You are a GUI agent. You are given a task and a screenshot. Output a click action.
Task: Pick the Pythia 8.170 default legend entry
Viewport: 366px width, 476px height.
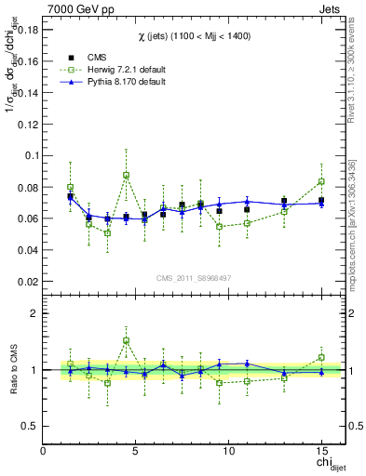(125, 82)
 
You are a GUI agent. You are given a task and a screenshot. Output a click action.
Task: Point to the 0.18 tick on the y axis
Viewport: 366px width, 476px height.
(25, 30)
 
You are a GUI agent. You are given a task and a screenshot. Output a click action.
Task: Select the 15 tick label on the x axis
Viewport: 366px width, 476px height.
(321, 451)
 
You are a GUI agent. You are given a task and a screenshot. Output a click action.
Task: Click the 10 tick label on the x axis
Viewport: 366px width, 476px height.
(228, 451)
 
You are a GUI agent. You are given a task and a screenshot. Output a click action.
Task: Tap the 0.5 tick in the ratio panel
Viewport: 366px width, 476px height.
(28, 426)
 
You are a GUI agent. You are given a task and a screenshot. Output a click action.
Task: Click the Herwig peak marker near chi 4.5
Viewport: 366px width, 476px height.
(126, 175)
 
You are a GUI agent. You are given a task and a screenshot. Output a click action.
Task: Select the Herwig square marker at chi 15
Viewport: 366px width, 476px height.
(321, 181)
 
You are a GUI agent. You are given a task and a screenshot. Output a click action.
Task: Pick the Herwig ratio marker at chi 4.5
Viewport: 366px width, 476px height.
(126, 340)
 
